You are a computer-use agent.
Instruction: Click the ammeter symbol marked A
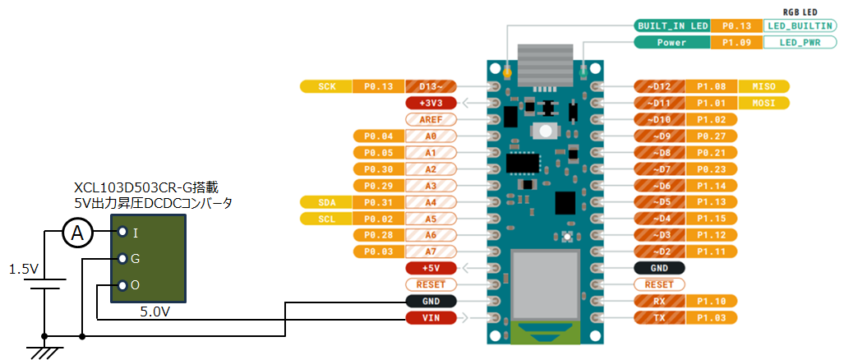point(78,234)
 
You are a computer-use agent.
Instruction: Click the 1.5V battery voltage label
point(24,269)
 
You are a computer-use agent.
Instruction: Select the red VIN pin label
point(431,317)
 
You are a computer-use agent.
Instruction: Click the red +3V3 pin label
point(431,103)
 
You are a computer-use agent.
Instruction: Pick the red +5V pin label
point(431,268)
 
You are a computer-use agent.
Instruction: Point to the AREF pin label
point(431,119)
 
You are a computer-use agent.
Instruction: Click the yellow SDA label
point(325,202)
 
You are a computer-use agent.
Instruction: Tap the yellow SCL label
point(325,219)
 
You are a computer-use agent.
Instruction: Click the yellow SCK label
point(325,86)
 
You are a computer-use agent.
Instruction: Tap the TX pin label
point(660,317)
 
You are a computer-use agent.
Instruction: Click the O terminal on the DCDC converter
point(124,285)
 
